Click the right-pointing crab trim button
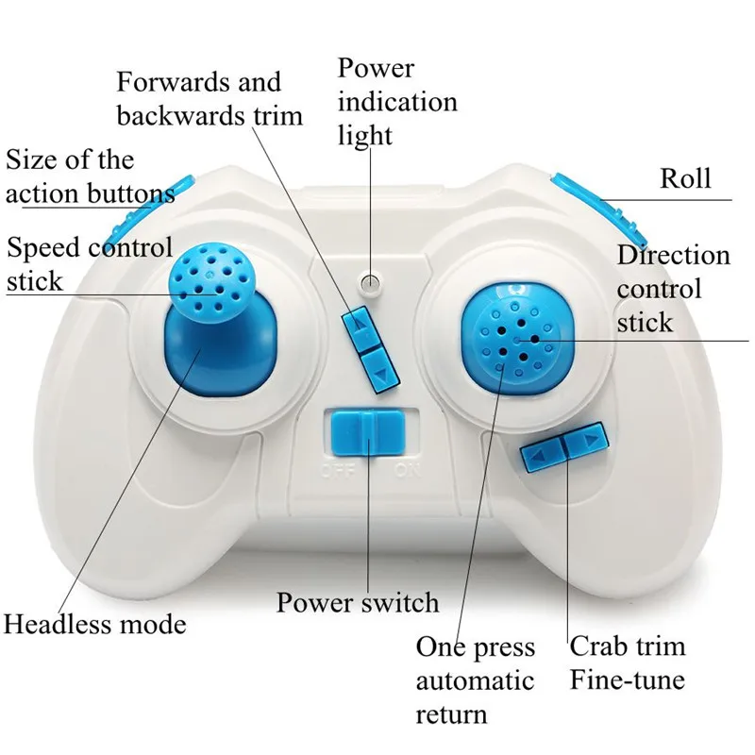click(582, 443)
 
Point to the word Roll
click(685, 178)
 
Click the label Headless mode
click(95, 624)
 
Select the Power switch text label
click(358, 602)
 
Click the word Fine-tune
click(627, 679)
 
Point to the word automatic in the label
click(475, 680)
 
